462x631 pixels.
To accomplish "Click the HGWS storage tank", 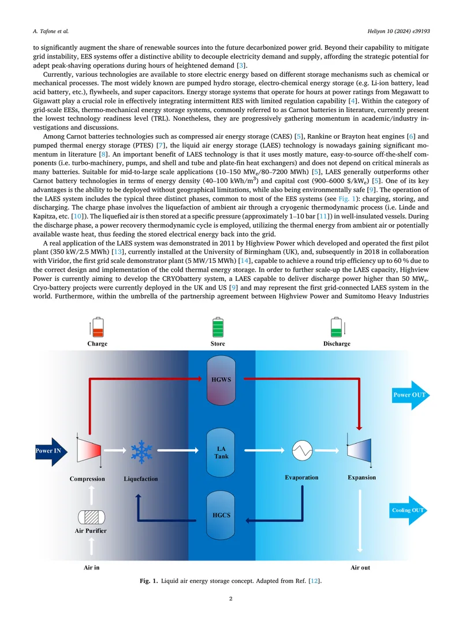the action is tap(221, 380).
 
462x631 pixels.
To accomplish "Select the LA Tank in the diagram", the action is tap(221, 452).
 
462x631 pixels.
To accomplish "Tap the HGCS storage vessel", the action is tap(221, 515).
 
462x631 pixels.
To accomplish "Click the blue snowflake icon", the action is tap(141, 451).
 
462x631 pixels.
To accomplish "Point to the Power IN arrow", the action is tap(51, 451).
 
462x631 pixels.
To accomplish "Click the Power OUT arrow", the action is tap(411, 395).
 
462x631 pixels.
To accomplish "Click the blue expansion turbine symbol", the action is tap(359, 450).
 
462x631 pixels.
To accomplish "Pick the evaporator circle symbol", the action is tap(302, 450).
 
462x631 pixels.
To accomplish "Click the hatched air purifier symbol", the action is tap(91, 517).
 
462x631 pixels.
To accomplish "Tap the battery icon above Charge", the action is tap(98, 327).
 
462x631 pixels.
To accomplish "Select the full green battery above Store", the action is tap(218, 327).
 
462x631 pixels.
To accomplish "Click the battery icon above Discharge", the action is tap(336, 327).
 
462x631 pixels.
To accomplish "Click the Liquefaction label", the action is tap(141, 479).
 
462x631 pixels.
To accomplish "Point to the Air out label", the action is tap(360, 567).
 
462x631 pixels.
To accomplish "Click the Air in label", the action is tap(91, 567).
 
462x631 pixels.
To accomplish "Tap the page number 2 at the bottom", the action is tap(231, 599).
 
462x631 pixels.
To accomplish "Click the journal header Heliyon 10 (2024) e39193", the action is tap(398, 31).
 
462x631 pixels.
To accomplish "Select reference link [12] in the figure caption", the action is tap(315, 581).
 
